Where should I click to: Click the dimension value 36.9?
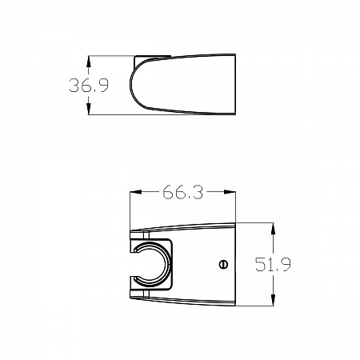88,86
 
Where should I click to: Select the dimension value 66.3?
182,192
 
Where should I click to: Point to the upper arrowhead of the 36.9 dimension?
89,60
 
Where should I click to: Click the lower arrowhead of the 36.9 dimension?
89,112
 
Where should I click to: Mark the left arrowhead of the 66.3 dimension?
134,192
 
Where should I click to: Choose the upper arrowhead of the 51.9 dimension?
274,227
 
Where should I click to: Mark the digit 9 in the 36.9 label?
103,86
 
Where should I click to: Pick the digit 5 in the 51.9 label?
262,264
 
